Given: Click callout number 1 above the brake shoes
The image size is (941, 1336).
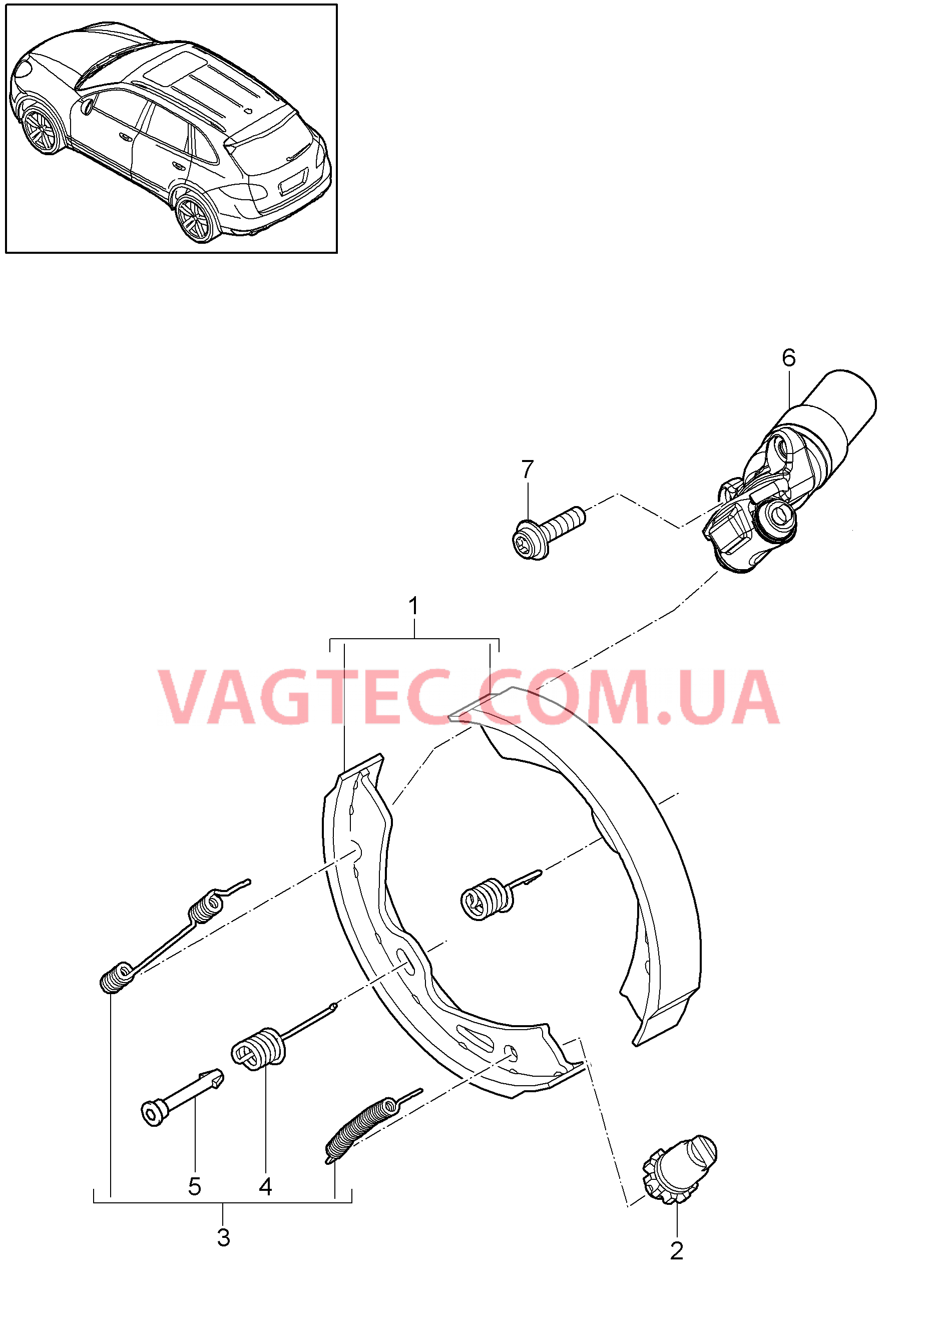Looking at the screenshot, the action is (414, 606).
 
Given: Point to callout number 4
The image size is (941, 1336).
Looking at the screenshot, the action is (265, 1187).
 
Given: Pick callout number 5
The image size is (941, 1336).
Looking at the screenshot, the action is (194, 1187).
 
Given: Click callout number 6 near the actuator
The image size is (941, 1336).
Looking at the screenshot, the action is (788, 358).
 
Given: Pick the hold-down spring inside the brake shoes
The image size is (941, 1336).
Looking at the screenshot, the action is (501, 896).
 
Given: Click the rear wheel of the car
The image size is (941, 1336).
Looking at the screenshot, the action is (196, 218).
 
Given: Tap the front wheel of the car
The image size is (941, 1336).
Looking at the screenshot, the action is (42, 131).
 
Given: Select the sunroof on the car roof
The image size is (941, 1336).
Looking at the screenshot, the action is (174, 69).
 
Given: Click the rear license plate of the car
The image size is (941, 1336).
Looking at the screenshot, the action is (294, 181).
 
